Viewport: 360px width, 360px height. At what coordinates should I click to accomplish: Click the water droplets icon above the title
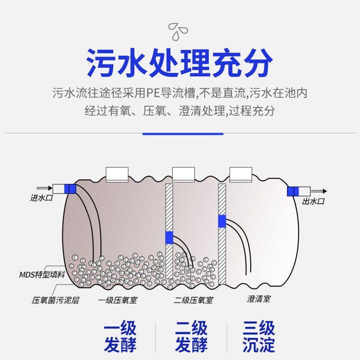click(179, 31)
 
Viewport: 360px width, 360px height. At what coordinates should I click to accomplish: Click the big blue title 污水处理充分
click(180, 64)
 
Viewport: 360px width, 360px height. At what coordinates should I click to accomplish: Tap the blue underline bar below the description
click(183, 134)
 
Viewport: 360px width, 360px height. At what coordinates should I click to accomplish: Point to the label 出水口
click(313, 201)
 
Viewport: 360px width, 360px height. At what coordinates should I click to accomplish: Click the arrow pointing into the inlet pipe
click(43, 188)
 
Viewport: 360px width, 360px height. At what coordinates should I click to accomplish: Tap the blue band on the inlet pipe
click(70, 189)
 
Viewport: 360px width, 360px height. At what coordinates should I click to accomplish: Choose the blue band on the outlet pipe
click(293, 191)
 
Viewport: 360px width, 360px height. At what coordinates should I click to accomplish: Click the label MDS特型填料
click(42, 274)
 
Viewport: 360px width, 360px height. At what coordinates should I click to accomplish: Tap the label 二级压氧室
click(193, 300)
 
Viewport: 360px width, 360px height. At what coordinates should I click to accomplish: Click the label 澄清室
click(259, 298)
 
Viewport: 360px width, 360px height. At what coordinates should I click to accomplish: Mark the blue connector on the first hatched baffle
click(169, 237)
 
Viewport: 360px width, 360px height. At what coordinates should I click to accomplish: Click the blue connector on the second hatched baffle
click(222, 221)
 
